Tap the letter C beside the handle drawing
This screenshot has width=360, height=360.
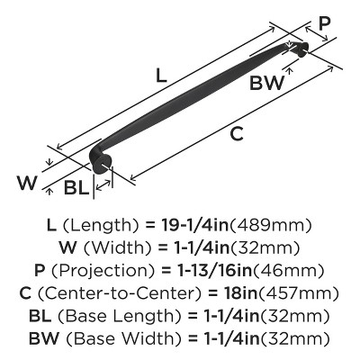[x=237, y=134]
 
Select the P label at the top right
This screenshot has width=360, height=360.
[x=324, y=23]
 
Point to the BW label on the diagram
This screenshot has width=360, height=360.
[x=266, y=83]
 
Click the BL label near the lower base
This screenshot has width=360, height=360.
[x=76, y=188]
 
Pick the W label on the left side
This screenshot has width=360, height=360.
[x=27, y=183]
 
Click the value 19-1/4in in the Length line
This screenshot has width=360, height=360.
[x=194, y=225]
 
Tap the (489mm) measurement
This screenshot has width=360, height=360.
[x=271, y=225]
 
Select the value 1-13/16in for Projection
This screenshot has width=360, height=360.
[x=214, y=270]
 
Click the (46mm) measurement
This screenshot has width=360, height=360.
[x=288, y=271]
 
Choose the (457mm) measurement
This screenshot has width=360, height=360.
[x=299, y=293]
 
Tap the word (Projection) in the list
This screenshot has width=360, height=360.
[x=103, y=271]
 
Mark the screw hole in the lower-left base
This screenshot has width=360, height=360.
[x=103, y=165]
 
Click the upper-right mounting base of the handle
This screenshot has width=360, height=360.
[x=302, y=49]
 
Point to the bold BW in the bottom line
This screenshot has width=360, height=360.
[x=44, y=338]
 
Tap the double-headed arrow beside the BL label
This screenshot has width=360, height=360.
[x=103, y=185]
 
